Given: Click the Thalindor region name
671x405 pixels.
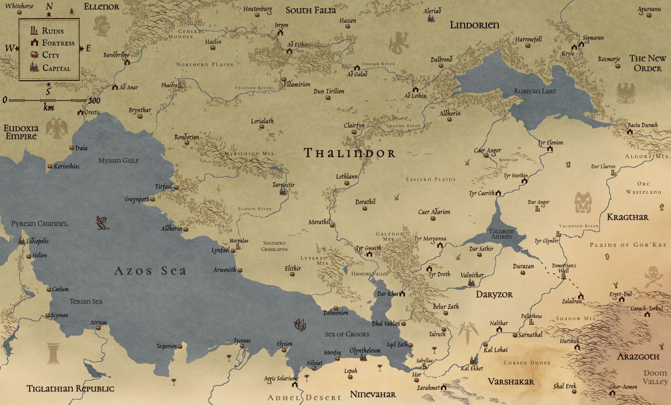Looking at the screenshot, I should [349, 153].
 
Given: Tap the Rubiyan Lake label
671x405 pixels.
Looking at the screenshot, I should [535, 91].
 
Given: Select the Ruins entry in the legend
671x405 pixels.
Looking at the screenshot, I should [53, 31].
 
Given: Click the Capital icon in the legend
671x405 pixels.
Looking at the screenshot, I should [34, 67].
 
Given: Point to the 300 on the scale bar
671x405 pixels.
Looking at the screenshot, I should [94, 101].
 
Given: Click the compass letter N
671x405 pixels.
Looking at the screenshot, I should [49, 6].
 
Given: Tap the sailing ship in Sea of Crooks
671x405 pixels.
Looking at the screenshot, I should [300, 325].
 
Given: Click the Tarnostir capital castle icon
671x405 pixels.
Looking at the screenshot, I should [284, 192].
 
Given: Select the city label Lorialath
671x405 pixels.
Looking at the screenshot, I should [262, 121].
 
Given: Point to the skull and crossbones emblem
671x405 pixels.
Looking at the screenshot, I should [653, 276].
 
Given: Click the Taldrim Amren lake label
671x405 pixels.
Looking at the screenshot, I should [501, 234].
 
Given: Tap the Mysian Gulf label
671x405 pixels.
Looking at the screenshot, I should [118, 161].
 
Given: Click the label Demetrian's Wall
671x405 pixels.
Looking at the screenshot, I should [564, 268].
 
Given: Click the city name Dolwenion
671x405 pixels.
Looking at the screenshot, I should [335, 313].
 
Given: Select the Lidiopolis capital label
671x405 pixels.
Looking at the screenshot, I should [37, 241].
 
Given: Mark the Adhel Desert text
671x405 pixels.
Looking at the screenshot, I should [304, 398].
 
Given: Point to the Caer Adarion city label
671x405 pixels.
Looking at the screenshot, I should [434, 212].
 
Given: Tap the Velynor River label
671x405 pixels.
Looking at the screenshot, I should [253, 88].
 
